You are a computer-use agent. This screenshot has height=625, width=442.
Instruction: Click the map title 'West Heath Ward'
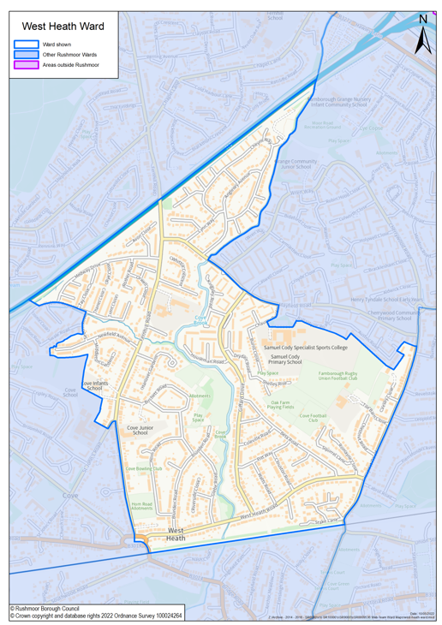pyautogui.click(x=63, y=27)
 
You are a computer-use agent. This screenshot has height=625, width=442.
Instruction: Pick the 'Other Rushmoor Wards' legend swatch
pyautogui.click(x=27, y=54)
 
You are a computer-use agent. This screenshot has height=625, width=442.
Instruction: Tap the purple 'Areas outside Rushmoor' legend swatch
pyautogui.click(x=27, y=64)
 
